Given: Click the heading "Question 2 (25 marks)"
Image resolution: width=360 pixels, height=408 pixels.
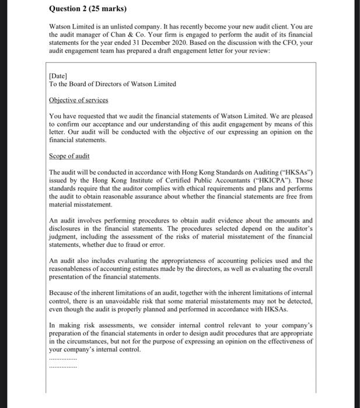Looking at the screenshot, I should click(87, 9).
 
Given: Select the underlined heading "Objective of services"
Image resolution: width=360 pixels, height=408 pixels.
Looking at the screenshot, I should click(79, 100).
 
